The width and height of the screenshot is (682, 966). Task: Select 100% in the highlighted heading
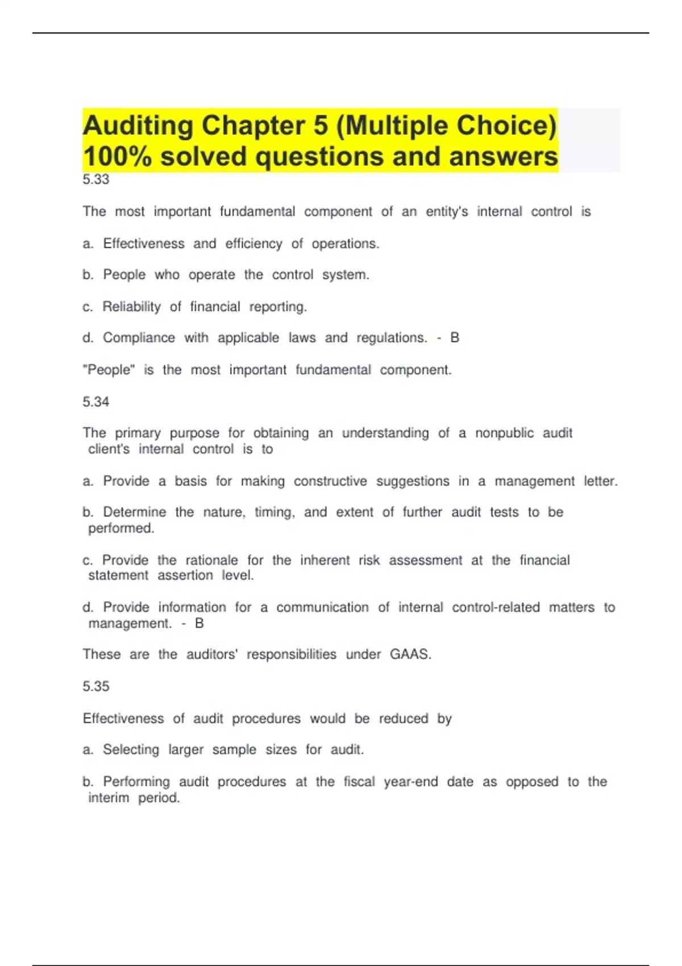click(x=117, y=157)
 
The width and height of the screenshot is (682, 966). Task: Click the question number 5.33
click(x=95, y=180)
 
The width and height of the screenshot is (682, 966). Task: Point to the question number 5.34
click(x=95, y=402)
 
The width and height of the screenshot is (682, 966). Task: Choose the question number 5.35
click(x=95, y=686)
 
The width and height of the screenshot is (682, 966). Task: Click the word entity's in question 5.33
click(x=447, y=212)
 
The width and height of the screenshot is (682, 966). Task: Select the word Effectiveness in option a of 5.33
click(x=144, y=244)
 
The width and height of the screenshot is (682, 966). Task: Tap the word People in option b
click(x=124, y=275)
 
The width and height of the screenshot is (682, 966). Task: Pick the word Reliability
click(x=131, y=307)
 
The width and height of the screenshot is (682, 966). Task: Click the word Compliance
click(x=139, y=338)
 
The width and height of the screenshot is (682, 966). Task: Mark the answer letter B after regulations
click(x=455, y=338)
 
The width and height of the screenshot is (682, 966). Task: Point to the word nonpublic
click(x=504, y=433)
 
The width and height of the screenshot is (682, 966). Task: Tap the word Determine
click(x=135, y=513)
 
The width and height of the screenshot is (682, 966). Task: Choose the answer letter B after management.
click(x=199, y=623)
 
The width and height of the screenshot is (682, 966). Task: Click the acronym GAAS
click(x=410, y=655)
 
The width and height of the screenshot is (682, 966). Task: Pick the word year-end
click(x=410, y=782)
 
